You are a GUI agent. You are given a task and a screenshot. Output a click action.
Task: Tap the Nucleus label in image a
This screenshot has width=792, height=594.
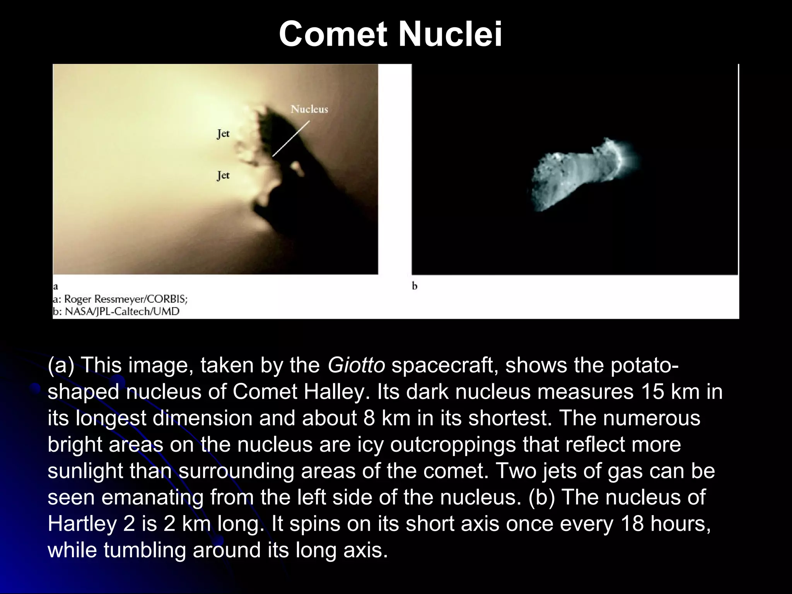[x=309, y=109]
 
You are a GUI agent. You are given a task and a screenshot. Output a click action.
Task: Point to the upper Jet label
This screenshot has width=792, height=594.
[x=223, y=134]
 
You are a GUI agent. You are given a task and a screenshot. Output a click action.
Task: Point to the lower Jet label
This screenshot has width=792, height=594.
[x=223, y=176]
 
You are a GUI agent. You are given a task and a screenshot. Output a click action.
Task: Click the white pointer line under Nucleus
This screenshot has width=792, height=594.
[x=291, y=138]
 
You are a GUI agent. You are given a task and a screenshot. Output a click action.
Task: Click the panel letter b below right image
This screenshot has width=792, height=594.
[x=415, y=286]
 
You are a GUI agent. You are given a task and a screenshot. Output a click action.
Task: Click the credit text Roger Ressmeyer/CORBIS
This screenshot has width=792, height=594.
[x=126, y=299]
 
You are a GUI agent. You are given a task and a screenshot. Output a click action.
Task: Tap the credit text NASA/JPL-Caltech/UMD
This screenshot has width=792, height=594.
[x=122, y=311]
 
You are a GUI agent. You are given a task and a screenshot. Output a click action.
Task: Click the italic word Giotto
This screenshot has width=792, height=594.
[x=356, y=365]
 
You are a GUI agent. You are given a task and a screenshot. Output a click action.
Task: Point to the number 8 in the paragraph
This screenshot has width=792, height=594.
[x=369, y=418]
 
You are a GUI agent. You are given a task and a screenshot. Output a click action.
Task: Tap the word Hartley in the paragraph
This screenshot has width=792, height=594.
[x=82, y=524]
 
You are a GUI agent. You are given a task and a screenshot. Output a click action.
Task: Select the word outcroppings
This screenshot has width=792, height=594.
[x=453, y=444]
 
